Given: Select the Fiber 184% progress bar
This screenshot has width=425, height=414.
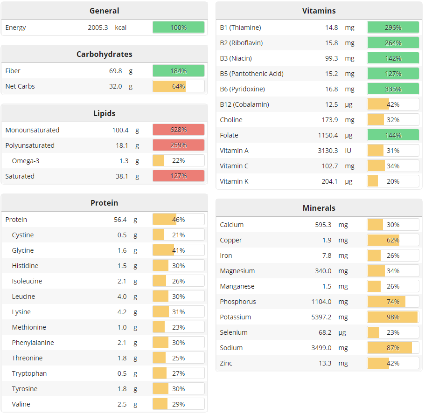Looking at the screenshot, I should pos(178,71).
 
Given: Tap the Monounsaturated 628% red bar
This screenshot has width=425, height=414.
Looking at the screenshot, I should pos(178,130).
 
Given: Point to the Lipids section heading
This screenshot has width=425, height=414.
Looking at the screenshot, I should pos(104,113).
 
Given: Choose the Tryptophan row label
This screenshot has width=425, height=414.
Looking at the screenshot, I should pos(29,373).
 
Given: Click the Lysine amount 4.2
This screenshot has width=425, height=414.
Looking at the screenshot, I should pos(122,312).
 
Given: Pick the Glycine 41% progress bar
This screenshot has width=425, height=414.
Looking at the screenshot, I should pos(178,250).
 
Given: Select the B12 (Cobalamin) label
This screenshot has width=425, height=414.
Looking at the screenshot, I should pos(244,104).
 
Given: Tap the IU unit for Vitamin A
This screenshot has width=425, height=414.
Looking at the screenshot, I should pos(348,151).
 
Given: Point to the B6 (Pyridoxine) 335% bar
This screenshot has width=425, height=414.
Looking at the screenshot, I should pos(393,89).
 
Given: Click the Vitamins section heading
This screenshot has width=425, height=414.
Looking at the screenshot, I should pos(319,11).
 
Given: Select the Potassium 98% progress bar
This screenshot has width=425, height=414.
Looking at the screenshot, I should pos(393,317).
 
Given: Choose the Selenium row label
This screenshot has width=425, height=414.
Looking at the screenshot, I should pos(234,332).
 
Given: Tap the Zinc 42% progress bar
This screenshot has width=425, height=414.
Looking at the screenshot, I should pos(393,363).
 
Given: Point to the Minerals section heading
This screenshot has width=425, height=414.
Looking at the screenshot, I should pos(319,208).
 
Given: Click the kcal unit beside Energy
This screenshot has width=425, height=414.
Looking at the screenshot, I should pos(121,28).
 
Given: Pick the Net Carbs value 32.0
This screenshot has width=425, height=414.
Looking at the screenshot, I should pos(115,86).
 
